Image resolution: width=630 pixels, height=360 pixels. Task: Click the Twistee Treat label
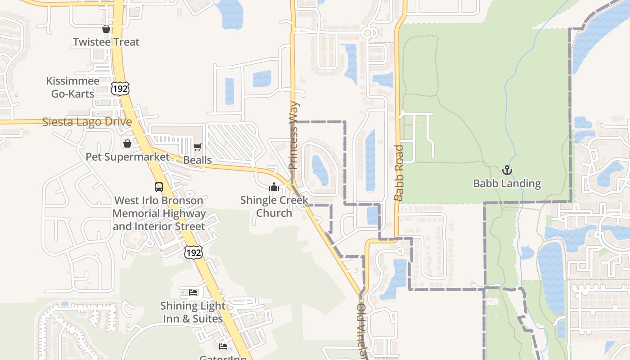coord(106,42)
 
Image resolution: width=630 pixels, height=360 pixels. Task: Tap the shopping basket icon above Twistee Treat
coord(106,29)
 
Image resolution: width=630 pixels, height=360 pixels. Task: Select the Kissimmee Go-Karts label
coord(72,87)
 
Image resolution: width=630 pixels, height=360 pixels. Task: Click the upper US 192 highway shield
coord(121,89)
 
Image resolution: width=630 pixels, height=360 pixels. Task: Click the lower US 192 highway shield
coord(193,252)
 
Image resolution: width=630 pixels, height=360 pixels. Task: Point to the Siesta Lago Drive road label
coord(87,122)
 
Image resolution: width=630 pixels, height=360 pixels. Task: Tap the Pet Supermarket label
coord(128,157)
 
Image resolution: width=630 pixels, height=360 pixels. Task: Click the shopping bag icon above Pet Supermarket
coord(127,144)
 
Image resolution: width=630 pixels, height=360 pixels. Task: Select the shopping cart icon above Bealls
coord(198,147)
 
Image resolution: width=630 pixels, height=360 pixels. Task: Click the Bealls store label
coord(198,160)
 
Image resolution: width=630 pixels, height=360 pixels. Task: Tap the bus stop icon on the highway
coord(159,187)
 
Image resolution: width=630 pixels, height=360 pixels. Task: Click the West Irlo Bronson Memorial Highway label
coord(159,213)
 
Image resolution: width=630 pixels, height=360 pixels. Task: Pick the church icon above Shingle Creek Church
coord(274,187)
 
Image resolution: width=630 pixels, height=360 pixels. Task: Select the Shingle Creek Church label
coord(274,206)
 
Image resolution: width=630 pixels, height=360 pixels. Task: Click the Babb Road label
coord(399,173)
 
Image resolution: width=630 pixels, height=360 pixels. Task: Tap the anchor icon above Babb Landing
coord(507,170)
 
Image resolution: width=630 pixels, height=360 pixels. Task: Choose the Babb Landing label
coord(507,183)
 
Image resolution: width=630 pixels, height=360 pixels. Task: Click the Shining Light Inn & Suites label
coord(193,312)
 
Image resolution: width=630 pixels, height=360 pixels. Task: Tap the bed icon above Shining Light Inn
coord(193,292)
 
